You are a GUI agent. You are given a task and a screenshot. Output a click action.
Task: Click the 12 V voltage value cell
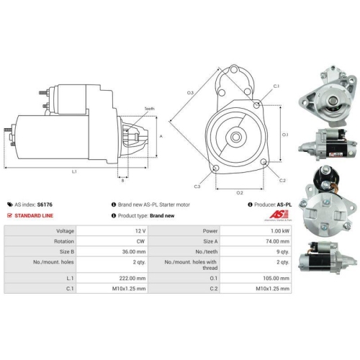[141, 230]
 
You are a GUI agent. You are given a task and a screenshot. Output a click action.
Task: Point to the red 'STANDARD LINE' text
[35, 215]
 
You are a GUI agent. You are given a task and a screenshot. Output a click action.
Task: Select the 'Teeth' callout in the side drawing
[150, 108]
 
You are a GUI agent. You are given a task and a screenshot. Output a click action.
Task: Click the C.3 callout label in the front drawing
[196, 186]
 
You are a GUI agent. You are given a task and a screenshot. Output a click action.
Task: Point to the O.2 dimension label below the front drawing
[240, 192]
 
